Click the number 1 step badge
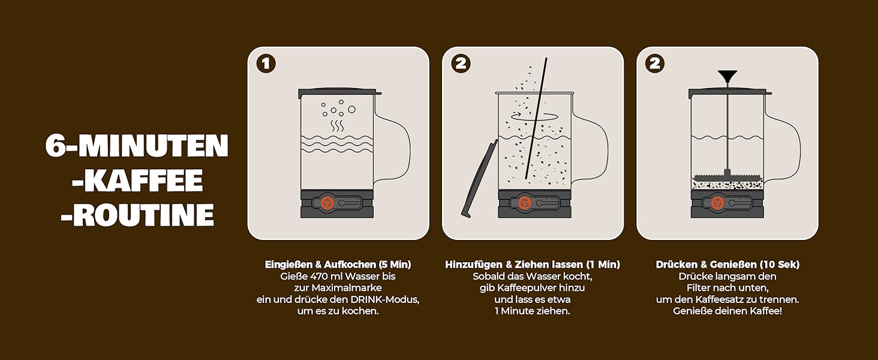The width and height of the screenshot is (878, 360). point(266,64)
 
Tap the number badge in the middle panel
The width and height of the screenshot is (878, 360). point(461,64)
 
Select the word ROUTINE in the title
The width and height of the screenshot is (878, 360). point(137,215)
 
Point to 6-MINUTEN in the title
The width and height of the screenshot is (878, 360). point(137,145)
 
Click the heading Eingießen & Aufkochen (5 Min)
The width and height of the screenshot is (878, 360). point(338,265)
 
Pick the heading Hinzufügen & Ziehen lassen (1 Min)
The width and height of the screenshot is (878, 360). point(533,265)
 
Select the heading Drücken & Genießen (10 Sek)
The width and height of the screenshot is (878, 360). point(727,265)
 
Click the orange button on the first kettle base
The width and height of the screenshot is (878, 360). point(327,203)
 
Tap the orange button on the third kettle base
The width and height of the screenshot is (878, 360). point(718,203)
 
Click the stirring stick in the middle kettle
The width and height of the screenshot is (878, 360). point(536,118)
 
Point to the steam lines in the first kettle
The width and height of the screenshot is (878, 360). point(337,125)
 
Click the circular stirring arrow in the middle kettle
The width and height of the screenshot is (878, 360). point(534,116)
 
